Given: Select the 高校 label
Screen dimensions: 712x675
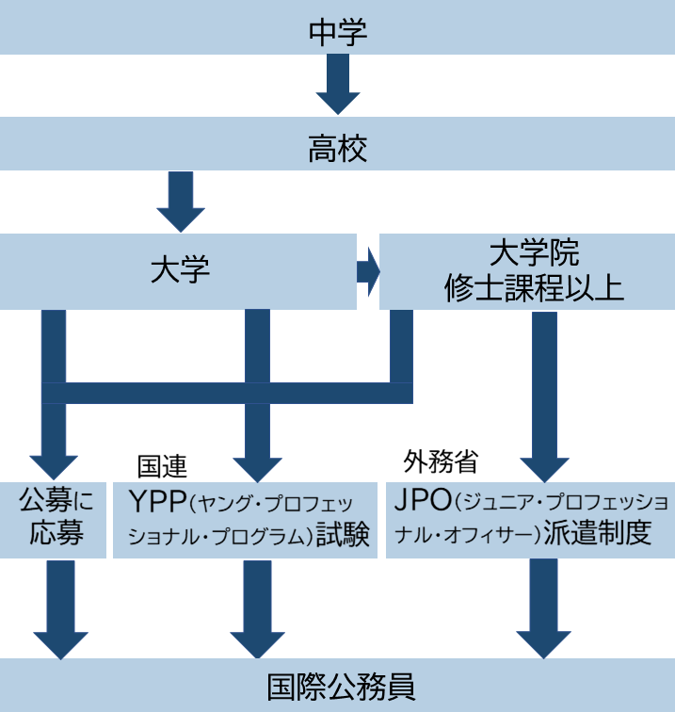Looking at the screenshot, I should (x=337, y=149).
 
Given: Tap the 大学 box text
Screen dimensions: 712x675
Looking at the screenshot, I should (x=180, y=270).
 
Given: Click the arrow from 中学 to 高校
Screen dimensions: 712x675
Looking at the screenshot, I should (x=338, y=84).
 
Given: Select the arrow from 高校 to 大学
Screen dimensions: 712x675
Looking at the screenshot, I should (x=181, y=201).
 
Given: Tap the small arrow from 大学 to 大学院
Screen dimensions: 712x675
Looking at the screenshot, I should (x=368, y=271).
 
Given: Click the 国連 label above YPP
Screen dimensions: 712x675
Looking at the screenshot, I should (x=162, y=466).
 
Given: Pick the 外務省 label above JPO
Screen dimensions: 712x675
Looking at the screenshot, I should (x=441, y=461).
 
